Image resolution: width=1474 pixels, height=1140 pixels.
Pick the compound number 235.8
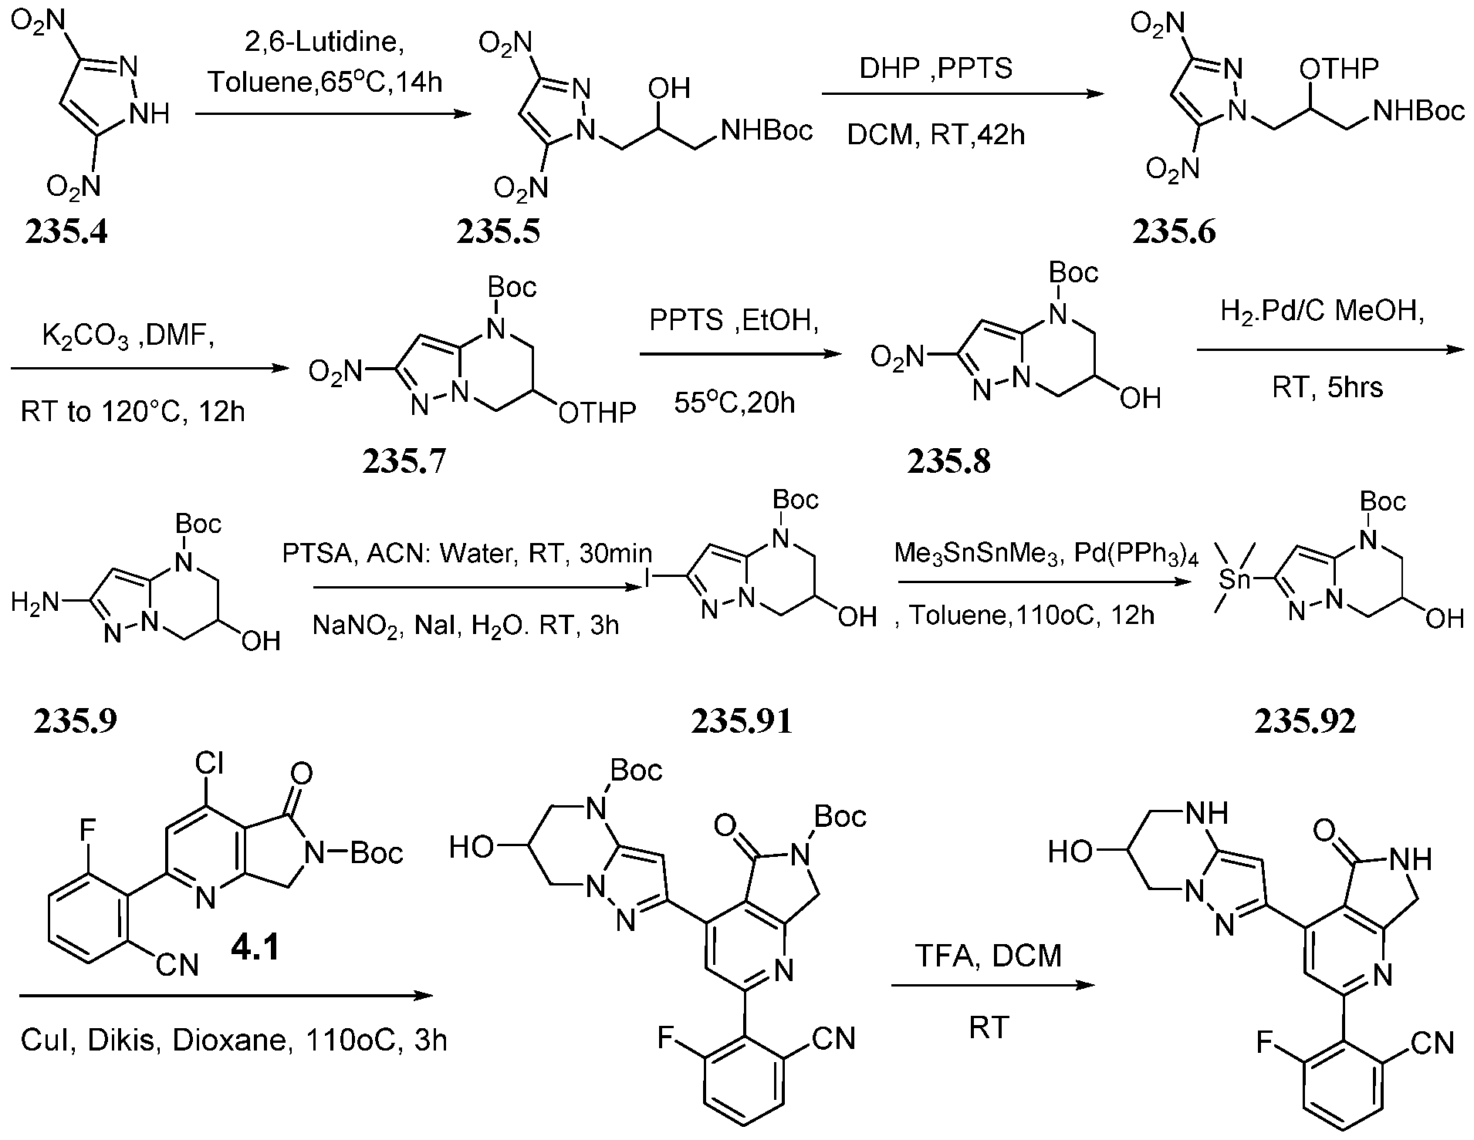(x=948, y=461)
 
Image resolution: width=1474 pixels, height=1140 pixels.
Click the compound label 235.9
(x=75, y=721)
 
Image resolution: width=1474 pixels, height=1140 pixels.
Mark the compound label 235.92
(x=1305, y=721)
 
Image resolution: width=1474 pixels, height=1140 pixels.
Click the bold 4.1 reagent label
(x=255, y=947)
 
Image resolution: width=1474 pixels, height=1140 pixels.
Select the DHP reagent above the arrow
(x=889, y=69)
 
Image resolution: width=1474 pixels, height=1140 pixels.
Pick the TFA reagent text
(x=939, y=956)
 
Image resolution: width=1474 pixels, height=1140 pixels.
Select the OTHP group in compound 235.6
(x=1338, y=69)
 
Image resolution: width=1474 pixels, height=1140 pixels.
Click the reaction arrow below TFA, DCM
(x=993, y=986)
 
